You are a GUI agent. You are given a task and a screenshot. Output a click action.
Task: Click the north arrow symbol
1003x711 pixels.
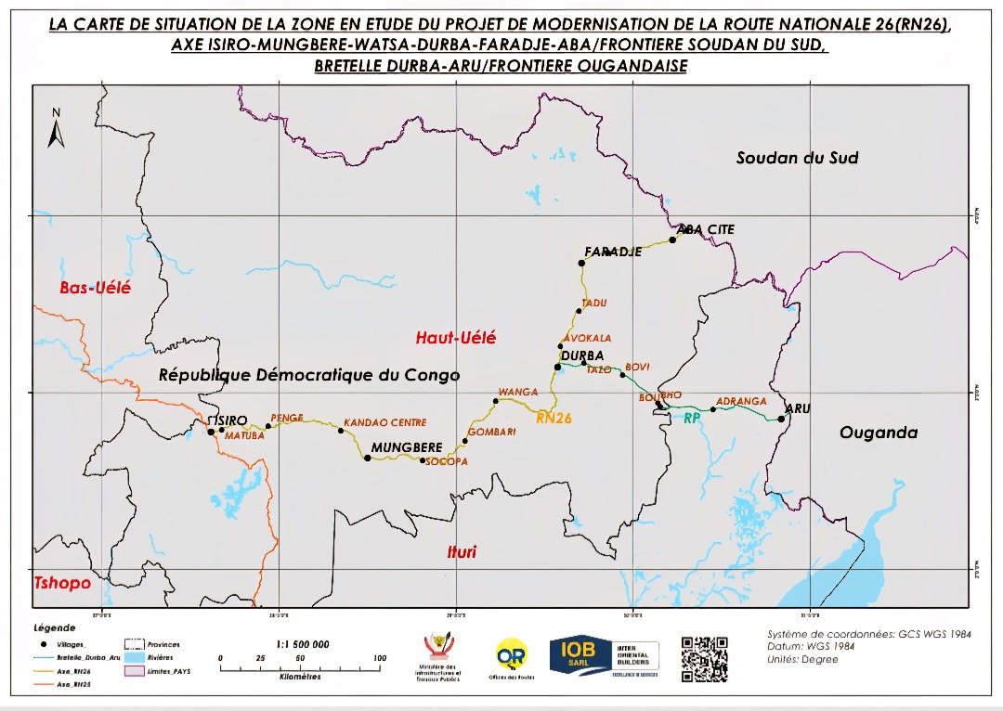(56, 130)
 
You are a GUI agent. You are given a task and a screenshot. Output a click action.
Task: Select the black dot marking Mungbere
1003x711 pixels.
(368, 459)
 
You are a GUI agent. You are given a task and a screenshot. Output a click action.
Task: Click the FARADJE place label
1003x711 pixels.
(613, 252)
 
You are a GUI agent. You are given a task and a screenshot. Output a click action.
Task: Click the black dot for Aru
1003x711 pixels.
(782, 419)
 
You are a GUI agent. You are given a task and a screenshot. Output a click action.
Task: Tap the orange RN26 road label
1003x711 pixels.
(554, 419)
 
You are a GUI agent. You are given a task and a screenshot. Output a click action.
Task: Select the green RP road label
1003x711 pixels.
(691, 420)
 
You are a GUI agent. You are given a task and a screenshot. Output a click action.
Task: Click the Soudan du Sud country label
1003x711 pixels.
(797, 158)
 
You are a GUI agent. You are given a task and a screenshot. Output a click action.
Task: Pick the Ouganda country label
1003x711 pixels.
(878, 433)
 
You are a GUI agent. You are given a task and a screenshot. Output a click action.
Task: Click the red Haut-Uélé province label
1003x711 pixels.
(455, 338)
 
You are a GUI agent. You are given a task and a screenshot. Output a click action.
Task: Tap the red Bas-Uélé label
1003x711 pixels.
(95, 288)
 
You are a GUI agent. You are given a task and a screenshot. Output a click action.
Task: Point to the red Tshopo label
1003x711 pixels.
(62, 583)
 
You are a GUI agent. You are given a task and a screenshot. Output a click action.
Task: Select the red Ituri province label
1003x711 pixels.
(462, 552)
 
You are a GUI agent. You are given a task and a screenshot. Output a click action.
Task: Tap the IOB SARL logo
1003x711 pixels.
(604, 655)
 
